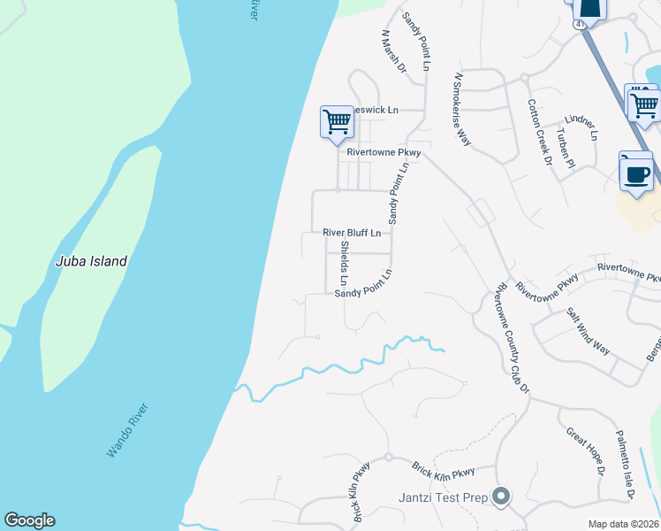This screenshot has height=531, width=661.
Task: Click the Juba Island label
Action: coord(91,261)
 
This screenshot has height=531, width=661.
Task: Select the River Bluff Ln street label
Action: coord(352,233)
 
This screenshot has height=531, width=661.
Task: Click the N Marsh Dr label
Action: coord(393,51)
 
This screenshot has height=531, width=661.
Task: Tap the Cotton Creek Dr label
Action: coord(539,131)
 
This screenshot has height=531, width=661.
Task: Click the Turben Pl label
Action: coord(566,148)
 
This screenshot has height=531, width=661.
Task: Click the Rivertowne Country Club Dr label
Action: coord(513,338)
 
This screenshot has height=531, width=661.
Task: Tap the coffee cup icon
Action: coord(635,171)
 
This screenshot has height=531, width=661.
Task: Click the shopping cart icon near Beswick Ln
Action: coord(337,122)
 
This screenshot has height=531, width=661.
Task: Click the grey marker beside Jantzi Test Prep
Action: coord(502,496)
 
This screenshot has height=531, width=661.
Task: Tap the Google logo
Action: coord(29,520)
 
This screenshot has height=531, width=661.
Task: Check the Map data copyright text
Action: coord(623,524)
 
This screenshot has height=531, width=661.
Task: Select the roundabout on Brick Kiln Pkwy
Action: coord(387,458)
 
